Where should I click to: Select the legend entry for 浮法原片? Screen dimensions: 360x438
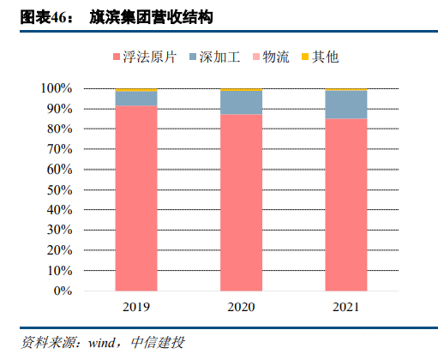(150, 58)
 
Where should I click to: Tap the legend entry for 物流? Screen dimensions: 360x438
(275, 58)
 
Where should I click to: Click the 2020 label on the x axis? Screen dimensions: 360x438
(241, 307)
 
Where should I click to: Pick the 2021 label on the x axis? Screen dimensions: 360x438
(345, 307)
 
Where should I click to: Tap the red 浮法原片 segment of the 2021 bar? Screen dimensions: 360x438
(345, 206)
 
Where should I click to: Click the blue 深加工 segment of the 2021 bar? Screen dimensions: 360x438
(345, 105)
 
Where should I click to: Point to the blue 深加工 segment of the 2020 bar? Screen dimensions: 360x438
(241, 102)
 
